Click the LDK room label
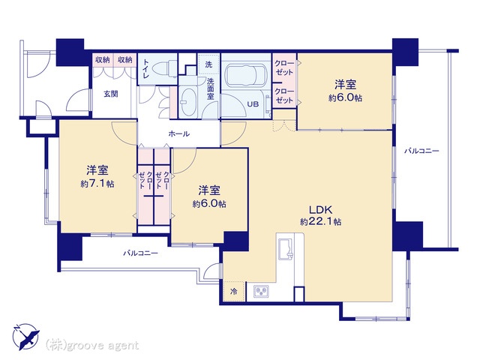320,210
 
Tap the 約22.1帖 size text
320,222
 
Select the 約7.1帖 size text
97,184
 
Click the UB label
253,104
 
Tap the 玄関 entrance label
110,94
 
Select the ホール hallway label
179,133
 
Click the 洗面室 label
210,89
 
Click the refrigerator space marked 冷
233,291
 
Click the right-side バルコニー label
421,151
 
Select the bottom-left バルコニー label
140,253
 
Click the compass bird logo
26,337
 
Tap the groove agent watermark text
92,346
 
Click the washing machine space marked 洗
208,64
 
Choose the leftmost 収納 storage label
102,60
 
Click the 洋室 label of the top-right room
345,84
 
